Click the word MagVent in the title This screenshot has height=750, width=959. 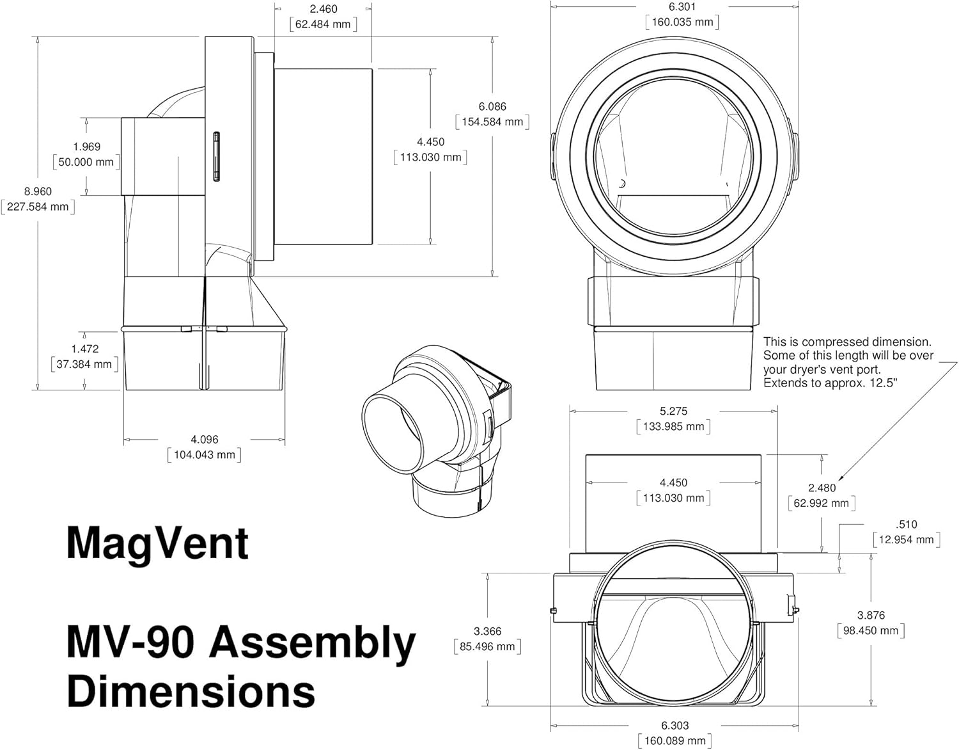pos(157,543)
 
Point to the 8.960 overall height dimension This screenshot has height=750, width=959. pos(38,191)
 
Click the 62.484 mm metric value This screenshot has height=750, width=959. pos(323,24)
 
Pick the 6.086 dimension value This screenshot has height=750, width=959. pos(492,107)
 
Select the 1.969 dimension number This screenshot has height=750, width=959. pos(86,147)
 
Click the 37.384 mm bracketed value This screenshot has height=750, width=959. pos(84,364)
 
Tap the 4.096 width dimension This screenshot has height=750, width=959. pos(204,440)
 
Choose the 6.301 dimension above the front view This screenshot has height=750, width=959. pos(682,7)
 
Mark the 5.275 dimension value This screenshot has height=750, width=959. pos(673,411)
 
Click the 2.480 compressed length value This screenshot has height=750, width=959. pos(822,488)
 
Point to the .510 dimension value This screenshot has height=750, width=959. pos(907,525)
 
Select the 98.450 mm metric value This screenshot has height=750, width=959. pos(871,631)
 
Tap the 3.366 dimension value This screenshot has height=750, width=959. pos(487,631)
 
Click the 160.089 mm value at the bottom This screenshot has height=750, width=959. pos(674,741)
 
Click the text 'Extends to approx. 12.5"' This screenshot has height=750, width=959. pos(830,383)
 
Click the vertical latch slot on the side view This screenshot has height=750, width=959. pos(216,157)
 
